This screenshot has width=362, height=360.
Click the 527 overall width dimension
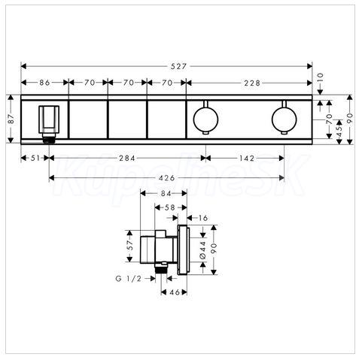(x=178, y=66)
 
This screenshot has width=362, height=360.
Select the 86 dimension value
(x=44, y=83)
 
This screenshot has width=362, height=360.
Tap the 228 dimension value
(x=252, y=83)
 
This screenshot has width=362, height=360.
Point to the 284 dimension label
(x=127, y=158)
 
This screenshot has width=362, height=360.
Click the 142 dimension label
(x=246, y=158)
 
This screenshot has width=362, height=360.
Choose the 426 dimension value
(x=167, y=178)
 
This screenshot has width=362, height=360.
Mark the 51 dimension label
(x=35, y=158)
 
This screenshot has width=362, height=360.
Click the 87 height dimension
(x=11, y=119)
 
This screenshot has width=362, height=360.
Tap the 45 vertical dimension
(x=339, y=132)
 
